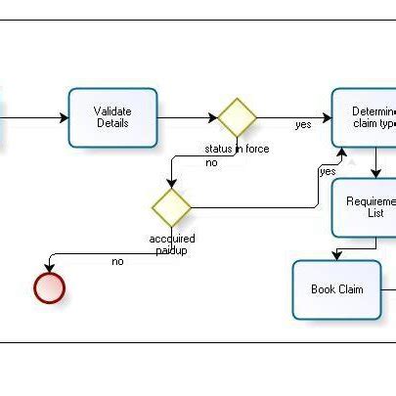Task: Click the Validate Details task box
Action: tap(112, 117)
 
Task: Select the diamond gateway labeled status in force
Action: tap(237, 117)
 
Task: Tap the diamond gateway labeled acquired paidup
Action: tap(171, 207)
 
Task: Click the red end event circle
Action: tap(49, 287)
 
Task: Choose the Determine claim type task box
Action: tap(367, 117)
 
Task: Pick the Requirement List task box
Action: tap(367, 206)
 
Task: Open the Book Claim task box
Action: tap(337, 289)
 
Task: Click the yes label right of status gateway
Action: tap(303, 125)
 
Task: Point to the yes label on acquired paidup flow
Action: tap(328, 171)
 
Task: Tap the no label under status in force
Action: tap(211, 162)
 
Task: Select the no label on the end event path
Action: tap(117, 261)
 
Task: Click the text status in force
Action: tap(237, 149)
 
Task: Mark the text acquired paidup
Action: tap(172, 244)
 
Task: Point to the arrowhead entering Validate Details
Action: tap(64, 118)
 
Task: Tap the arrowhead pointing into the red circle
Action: tap(49, 269)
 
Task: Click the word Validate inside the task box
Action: tap(112, 110)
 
